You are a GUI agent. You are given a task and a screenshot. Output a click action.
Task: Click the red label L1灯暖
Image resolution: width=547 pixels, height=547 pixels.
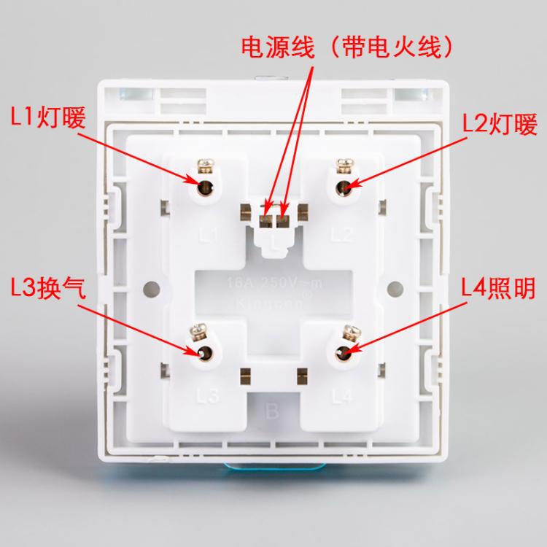pos(48,116)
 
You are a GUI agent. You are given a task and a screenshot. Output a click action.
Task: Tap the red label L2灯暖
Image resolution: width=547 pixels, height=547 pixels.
pos(500,125)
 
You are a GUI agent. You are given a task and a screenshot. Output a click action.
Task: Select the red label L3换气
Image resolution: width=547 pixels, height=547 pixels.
pos(48,289)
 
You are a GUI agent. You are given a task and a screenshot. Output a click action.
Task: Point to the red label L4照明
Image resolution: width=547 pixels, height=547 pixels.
pos(500,289)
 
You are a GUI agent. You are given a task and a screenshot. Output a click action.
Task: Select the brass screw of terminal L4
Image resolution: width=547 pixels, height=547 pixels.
pos(347,335)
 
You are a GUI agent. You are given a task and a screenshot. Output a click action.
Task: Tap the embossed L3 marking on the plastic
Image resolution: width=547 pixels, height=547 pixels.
pos(209,397)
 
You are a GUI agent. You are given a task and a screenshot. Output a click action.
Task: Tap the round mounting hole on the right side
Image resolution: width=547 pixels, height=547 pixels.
pos(395,287)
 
